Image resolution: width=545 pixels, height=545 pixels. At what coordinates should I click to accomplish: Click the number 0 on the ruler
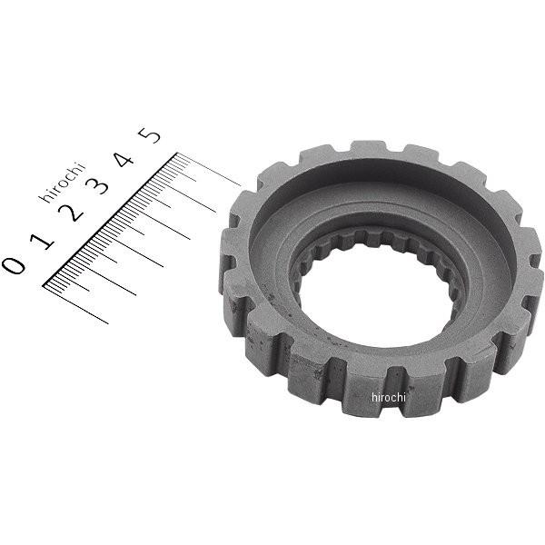click(x=13, y=264)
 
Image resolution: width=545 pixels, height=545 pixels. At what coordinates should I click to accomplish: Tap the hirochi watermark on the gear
click(x=391, y=397)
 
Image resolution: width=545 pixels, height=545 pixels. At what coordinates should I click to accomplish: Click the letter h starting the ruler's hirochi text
click(x=43, y=197)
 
